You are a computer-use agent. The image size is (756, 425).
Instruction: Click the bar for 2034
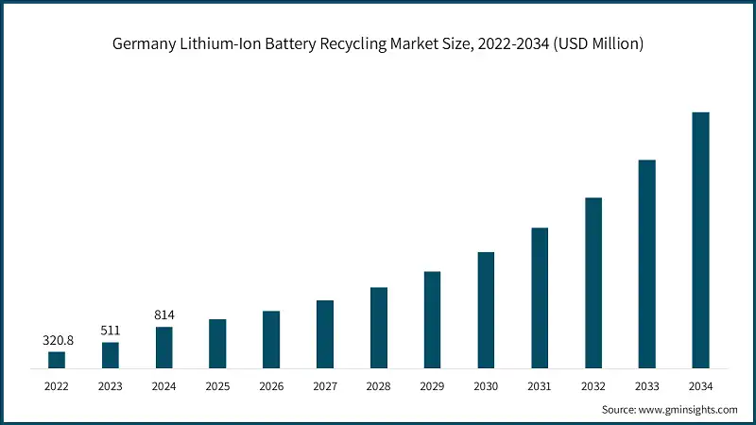pyautogui.click(x=700, y=240)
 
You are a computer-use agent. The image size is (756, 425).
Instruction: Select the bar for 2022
pyautogui.click(x=57, y=359)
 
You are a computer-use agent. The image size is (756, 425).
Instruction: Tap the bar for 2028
pyautogui.click(x=379, y=327)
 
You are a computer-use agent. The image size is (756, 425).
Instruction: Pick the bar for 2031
pyautogui.click(x=540, y=297)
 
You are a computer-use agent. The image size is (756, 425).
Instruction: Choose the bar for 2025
pyautogui.click(x=217, y=343)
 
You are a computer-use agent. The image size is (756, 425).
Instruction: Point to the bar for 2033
pyautogui.click(x=646, y=263)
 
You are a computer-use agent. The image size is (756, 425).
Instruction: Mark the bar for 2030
pyautogui.click(x=486, y=310)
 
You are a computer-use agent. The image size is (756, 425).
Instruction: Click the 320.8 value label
pyautogui.click(x=57, y=339)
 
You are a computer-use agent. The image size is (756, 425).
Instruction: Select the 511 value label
pyautogui.click(x=111, y=330)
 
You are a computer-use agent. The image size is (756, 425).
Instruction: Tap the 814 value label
pyautogui.click(x=164, y=314)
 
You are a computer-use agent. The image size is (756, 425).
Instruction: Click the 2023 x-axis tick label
pyautogui.click(x=111, y=385)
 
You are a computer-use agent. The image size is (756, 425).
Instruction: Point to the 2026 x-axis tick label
pyautogui.click(x=271, y=385)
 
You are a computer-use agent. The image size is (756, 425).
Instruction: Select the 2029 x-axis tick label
pyautogui.click(x=432, y=385)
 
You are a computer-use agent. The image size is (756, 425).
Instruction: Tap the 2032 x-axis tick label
pyautogui.click(x=593, y=385)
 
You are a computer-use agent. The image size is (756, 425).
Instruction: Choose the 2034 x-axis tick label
pyautogui.click(x=700, y=385)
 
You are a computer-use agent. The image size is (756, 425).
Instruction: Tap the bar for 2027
pyautogui.click(x=325, y=333)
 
